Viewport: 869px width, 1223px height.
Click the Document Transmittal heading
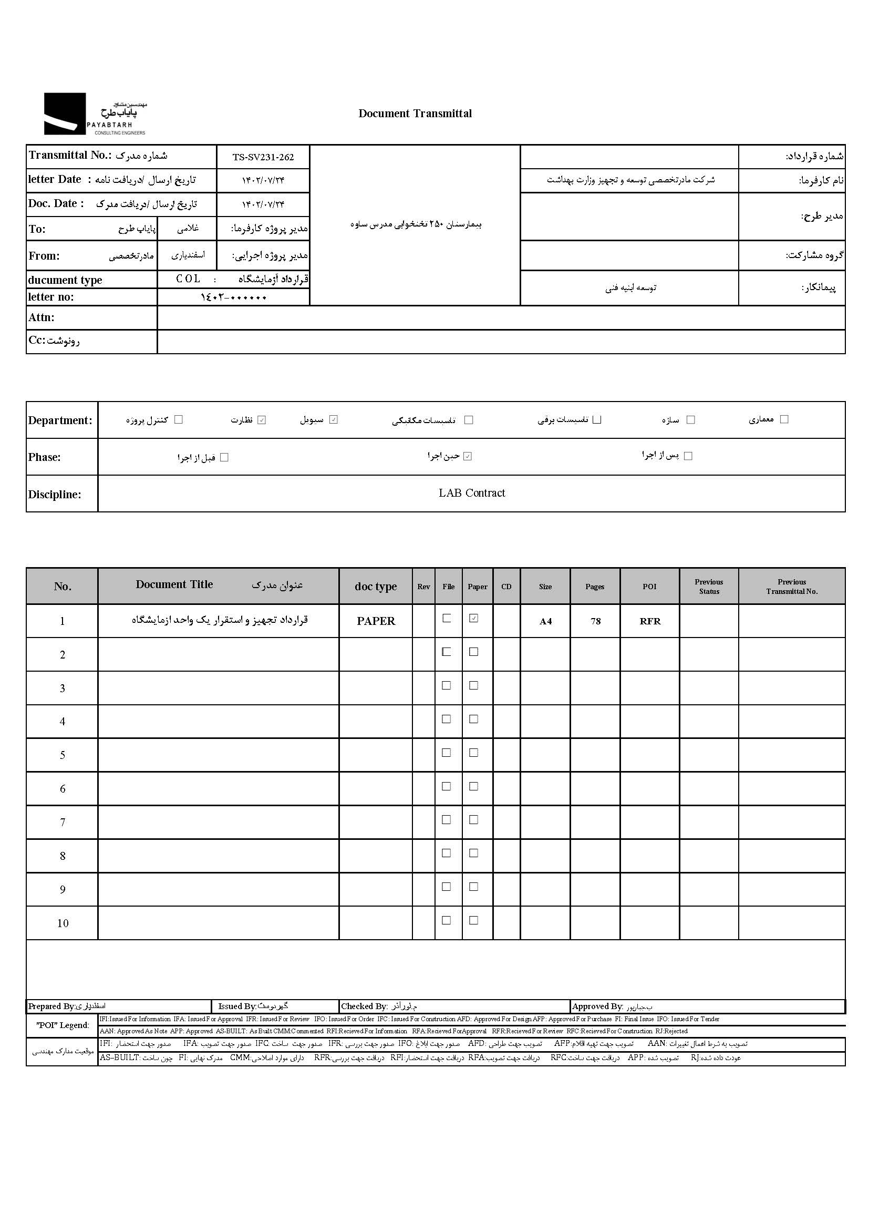click(415, 114)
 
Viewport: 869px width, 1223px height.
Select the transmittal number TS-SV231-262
click(263, 157)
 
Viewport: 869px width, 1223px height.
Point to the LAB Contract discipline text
click(471, 493)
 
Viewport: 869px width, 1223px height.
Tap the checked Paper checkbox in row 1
click(473, 618)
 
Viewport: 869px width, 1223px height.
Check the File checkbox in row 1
click(446, 618)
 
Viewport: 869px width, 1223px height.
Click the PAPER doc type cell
click(376, 621)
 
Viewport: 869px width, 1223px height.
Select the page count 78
click(595, 621)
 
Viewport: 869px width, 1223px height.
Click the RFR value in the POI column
click(649, 621)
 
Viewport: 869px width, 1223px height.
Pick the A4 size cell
click(545, 621)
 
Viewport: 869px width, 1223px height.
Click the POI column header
click(649, 587)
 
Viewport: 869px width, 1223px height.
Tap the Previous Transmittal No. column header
click(791, 587)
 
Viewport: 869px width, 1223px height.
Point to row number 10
click(63, 923)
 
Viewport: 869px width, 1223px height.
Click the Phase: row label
click(45, 457)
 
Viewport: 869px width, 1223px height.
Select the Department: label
click(60, 420)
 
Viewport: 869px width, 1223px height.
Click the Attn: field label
click(41, 317)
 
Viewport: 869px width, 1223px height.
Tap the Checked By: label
click(364, 1006)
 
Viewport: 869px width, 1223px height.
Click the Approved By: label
click(597, 1006)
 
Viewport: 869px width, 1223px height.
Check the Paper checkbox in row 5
click(473, 753)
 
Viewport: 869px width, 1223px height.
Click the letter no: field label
click(51, 297)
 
